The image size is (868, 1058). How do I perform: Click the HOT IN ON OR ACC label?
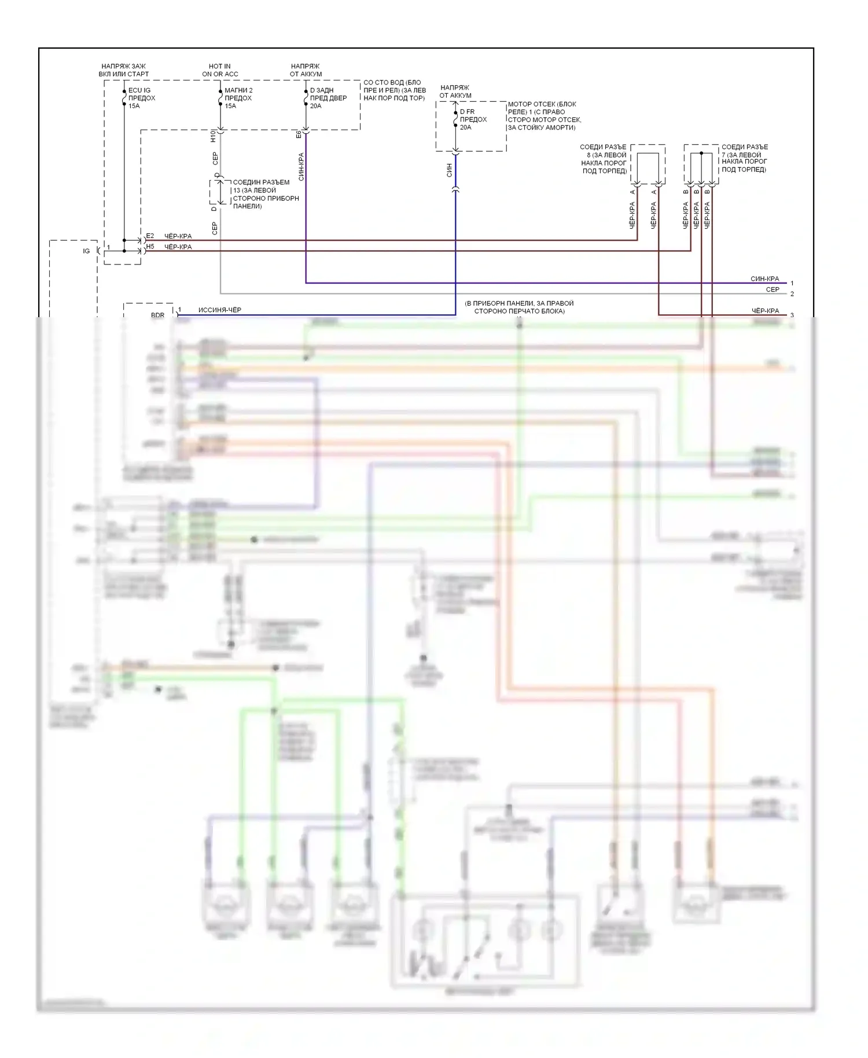pos(220,70)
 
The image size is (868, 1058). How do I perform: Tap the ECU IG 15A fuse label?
pos(141,98)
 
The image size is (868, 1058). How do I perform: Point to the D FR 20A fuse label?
pos(473,119)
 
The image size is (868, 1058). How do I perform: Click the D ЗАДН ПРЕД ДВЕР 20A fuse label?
pos(328,98)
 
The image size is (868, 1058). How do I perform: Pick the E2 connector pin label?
pos(150,236)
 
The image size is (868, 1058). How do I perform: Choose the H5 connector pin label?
pos(150,247)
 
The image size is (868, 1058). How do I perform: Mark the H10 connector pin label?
pos(213,136)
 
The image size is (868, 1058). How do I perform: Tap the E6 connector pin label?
pos(299,135)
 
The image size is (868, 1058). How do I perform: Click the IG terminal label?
pos(86,251)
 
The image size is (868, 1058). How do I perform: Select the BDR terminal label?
pos(157,315)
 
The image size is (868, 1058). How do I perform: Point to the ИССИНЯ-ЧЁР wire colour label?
pos(220,310)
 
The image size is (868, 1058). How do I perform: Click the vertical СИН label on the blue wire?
pos(449,170)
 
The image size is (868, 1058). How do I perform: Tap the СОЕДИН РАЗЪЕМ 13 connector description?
pos(265,194)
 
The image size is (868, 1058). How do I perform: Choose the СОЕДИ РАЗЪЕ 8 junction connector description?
pos(604,159)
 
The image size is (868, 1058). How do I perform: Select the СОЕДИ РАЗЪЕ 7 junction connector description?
pos(744,158)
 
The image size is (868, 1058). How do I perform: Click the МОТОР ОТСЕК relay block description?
pos(544,116)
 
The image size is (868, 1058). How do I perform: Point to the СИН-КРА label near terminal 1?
pos(764,279)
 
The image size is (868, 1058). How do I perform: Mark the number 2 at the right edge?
pos(792,294)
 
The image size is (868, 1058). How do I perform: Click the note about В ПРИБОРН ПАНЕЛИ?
pos(519,307)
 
